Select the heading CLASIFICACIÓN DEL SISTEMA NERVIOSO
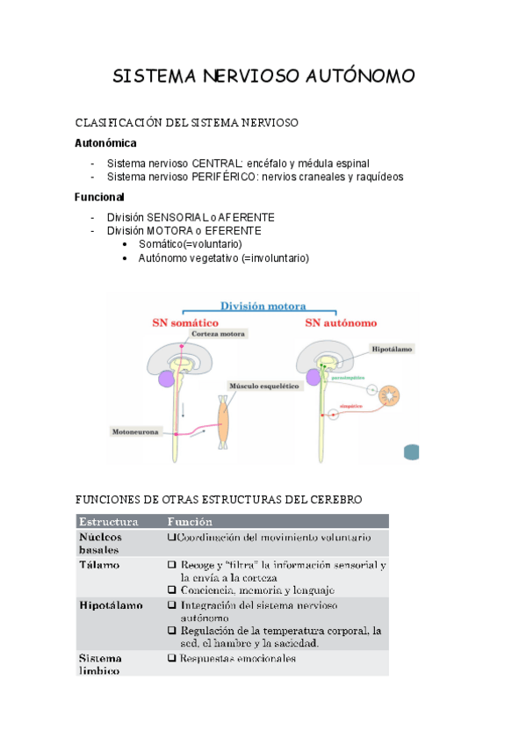click(188, 122)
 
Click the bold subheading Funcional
click(99, 197)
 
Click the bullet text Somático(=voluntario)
click(190, 243)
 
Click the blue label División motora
click(263, 307)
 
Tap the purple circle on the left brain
click(165, 379)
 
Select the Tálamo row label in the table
click(98, 565)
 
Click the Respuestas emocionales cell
click(238, 659)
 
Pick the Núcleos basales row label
click(100, 543)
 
